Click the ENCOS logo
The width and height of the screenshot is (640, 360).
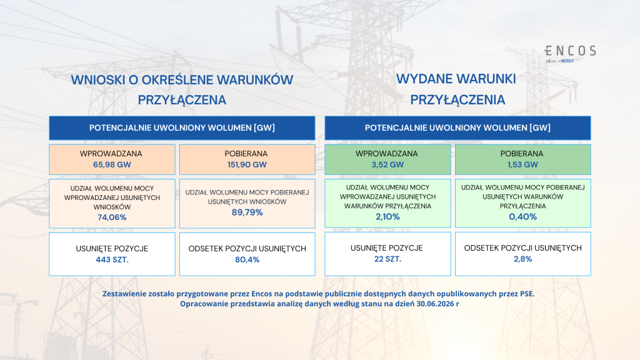570,54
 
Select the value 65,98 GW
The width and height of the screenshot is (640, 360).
112,165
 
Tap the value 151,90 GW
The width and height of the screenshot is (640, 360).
247,165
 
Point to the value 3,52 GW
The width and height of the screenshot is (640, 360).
387,165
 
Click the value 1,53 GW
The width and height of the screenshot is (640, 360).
522,165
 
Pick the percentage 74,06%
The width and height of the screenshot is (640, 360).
112,217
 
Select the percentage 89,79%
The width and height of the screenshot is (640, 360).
247,212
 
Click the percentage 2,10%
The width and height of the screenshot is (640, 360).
387,217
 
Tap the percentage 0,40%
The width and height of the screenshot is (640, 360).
522,217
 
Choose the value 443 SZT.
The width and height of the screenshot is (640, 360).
112,259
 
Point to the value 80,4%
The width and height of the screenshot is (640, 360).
247,259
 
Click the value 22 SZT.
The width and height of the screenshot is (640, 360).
387,259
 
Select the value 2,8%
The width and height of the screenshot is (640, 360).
522,259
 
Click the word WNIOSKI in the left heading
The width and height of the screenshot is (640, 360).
98,80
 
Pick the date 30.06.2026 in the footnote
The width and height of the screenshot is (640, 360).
435,304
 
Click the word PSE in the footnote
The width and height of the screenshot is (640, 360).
526,294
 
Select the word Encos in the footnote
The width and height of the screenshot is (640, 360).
261,294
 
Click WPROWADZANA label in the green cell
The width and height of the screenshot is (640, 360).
386,154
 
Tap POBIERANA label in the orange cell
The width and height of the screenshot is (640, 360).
246,154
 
